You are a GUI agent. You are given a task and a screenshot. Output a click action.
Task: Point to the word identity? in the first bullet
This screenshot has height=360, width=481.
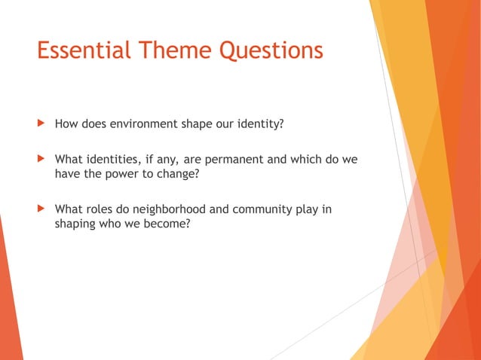click(259, 123)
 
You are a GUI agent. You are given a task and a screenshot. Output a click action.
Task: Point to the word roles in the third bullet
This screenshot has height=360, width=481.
click(100, 209)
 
